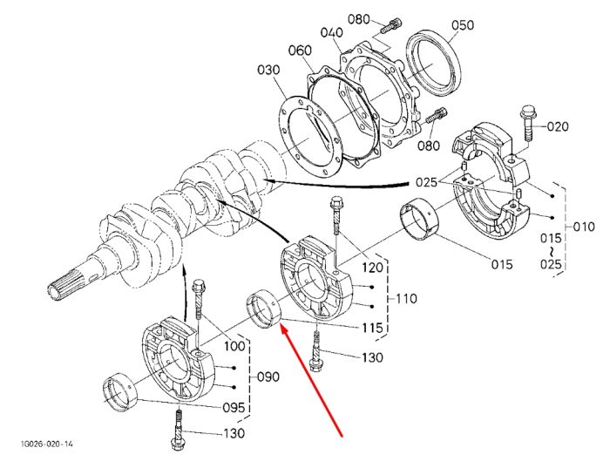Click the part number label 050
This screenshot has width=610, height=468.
click(463, 25)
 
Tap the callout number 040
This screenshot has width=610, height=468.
click(331, 32)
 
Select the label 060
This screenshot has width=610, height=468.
click(300, 51)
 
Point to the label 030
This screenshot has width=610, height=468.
click(268, 70)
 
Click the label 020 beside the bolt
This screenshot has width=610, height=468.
click(558, 126)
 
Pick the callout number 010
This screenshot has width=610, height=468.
click(584, 226)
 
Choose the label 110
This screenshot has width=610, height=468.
click(406, 299)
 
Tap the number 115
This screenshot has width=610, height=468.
click(372, 328)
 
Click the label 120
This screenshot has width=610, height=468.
click(373, 268)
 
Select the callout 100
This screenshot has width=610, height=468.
click(235, 346)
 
